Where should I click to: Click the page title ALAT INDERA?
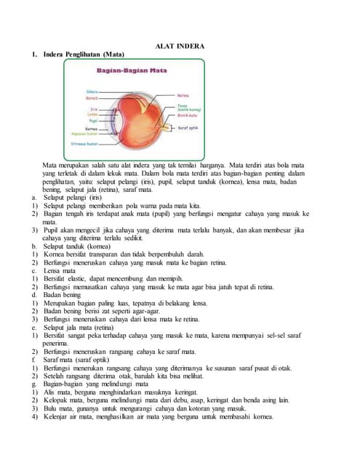180,46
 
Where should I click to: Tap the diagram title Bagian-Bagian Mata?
128,70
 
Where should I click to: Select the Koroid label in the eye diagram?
92,97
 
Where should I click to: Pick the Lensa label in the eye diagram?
92,114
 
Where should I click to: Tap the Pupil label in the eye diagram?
92,120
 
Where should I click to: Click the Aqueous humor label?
85,134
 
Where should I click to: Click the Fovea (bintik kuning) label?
188,107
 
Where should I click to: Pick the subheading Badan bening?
63,295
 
